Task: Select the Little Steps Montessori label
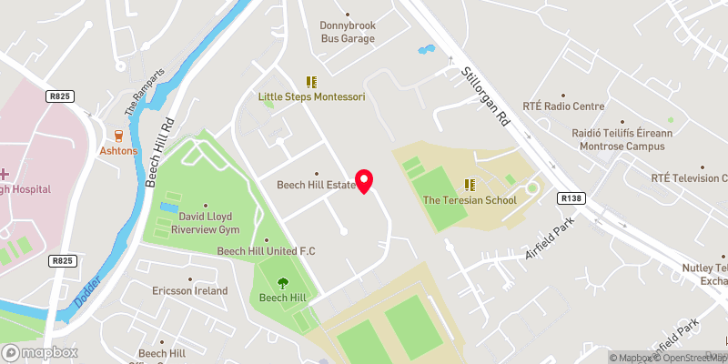(x=312, y=96)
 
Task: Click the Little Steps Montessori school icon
(x=312, y=81)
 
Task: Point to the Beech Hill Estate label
(x=316, y=185)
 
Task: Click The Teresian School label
(x=470, y=200)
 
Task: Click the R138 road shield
(x=571, y=197)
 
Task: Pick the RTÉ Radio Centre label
(x=563, y=105)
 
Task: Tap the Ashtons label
(x=118, y=151)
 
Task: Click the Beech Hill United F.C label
(x=266, y=250)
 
